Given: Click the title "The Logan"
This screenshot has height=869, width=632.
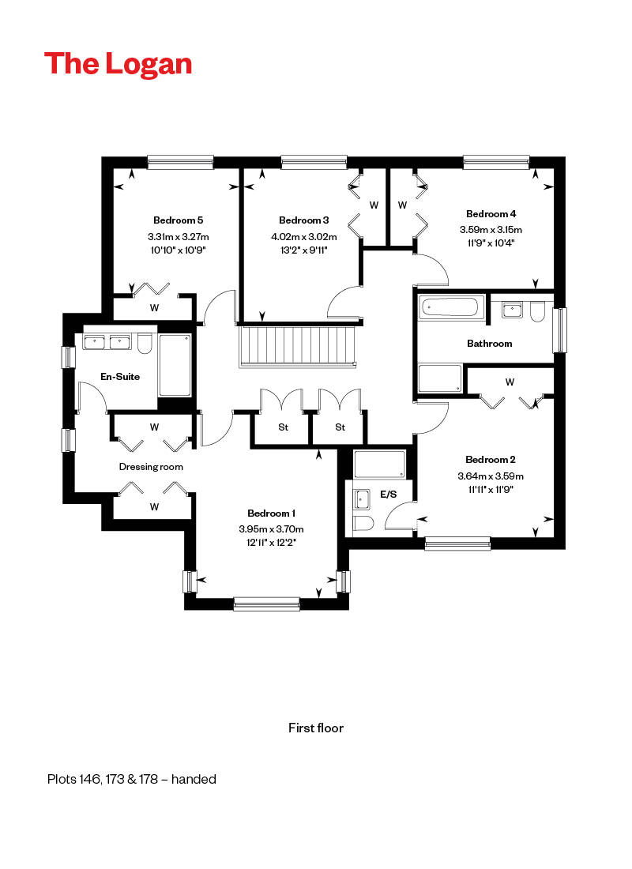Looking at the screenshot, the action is [x=118, y=64].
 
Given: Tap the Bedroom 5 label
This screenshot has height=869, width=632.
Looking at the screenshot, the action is [x=178, y=220].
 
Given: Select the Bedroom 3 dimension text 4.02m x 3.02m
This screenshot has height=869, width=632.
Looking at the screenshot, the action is [x=304, y=237].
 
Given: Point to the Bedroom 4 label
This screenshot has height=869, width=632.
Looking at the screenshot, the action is [x=491, y=213].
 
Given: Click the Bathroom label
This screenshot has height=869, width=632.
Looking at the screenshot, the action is [x=489, y=344].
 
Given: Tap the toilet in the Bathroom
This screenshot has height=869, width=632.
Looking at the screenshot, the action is [x=537, y=311].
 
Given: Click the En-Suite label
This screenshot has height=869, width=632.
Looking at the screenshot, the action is [x=120, y=376].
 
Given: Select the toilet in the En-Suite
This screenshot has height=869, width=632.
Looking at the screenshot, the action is [x=145, y=343].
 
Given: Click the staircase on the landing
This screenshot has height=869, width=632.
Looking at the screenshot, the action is [x=298, y=346].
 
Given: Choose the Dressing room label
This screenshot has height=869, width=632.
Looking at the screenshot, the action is [x=151, y=467].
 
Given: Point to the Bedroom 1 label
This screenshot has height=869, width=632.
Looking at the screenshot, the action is [x=271, y=513].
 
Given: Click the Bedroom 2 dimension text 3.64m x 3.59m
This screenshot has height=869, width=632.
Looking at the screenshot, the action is [x=491, y=476].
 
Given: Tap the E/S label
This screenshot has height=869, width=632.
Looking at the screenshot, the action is [x=388, y=494].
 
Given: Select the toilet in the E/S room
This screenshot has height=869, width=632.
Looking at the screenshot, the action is [x=363, y=523].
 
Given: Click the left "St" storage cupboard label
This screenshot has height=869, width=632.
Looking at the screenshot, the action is [x=284, y=427].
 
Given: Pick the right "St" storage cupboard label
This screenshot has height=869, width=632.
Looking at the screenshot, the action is [x=340, y=427].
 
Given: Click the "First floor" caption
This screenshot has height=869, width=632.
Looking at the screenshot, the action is [x=316, y=728].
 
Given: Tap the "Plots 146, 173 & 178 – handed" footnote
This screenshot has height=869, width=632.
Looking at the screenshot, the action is [x=131, y=779].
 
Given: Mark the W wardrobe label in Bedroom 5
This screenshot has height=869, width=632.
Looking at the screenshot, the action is [x=154, y=307].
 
